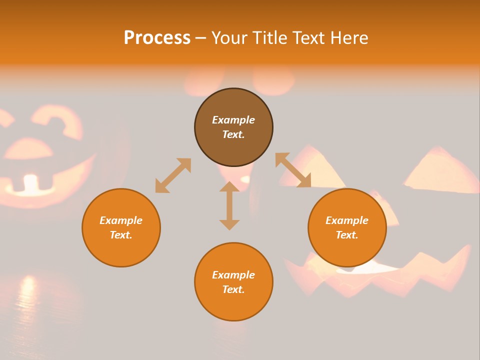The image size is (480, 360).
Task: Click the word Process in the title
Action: pos(157,38)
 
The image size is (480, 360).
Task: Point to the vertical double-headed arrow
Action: pos(229,206)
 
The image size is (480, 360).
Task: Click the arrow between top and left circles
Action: pos(173,175)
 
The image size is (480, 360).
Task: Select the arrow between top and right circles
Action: pos(293,170)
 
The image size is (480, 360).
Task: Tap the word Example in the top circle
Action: pos(233,120)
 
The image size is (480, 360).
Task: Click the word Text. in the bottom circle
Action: pos(233,289)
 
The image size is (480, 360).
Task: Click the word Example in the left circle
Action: pos(121,220)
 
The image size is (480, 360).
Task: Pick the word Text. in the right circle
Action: pos(347,235)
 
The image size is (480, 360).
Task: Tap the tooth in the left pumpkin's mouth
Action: pos(31,183)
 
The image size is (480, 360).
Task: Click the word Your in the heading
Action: pos(230,38)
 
